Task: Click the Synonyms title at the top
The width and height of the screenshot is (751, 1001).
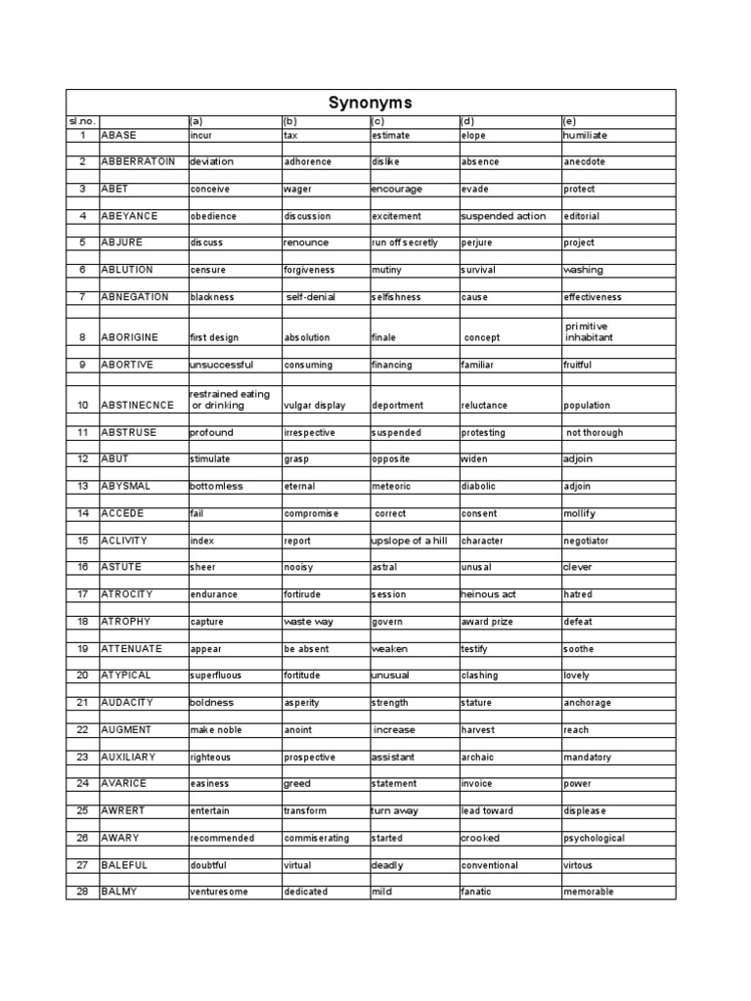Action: tap(370, 103)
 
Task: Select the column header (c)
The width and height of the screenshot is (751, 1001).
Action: tap(377, 121)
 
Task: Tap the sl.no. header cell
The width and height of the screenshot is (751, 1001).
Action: tap(81, 121)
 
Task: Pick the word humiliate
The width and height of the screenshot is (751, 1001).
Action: tap(585, 135)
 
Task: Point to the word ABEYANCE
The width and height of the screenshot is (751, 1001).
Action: tap(129, 216)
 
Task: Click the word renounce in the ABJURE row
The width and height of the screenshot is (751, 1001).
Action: tap(305, 242)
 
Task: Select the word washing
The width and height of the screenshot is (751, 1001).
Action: tap(583, 270)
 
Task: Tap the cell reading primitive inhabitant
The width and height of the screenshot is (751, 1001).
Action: tap(591, 331)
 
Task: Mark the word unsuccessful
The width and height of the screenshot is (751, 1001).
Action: tap(221, 365)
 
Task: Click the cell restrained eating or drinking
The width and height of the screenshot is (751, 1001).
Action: tap(230, 399)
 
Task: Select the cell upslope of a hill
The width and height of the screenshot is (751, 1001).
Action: tap(409, 540)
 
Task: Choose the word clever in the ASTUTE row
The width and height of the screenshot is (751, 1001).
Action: tap(577, 567)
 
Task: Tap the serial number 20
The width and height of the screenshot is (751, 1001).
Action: tap(83, 675)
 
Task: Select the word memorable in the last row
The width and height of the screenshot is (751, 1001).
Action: tap(589, 892)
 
